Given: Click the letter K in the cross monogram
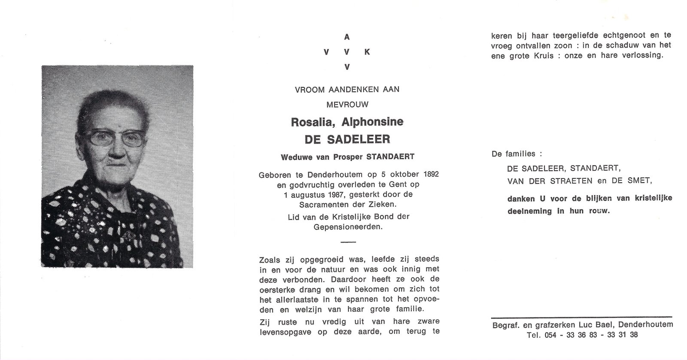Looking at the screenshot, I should pos(367,52).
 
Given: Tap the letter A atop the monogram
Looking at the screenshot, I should pos(347,37).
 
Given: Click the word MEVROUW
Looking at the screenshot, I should pos(347,104).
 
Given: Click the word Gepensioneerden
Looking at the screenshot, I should pos(347,227).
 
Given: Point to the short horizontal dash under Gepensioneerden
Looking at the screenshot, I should pos(348,242).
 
